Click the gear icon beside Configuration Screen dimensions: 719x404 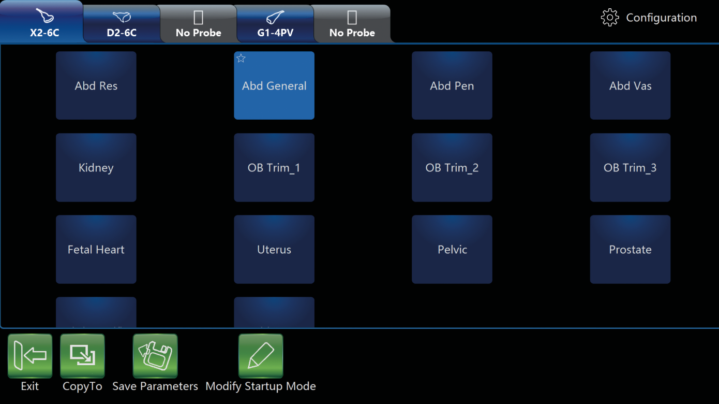coord(609,18)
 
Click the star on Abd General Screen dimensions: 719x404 coord(241,58)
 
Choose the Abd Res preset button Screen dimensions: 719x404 coord(96,85)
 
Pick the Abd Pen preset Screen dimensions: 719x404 coord(452,85)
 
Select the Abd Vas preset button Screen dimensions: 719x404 coord(630,85)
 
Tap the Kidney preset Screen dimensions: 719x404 coord(96,167)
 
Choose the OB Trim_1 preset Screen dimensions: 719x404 coord(274,167)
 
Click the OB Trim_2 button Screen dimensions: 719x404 coord(452,167)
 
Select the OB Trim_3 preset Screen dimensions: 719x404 coord(630,167)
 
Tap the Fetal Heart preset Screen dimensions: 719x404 coord(96,250)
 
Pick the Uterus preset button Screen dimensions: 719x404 coord(274,250)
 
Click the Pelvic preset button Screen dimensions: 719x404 coord(452,250)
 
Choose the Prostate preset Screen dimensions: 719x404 coord(630,250)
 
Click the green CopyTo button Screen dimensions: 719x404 coord(82,355)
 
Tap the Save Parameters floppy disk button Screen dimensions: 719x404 coord(155,355)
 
